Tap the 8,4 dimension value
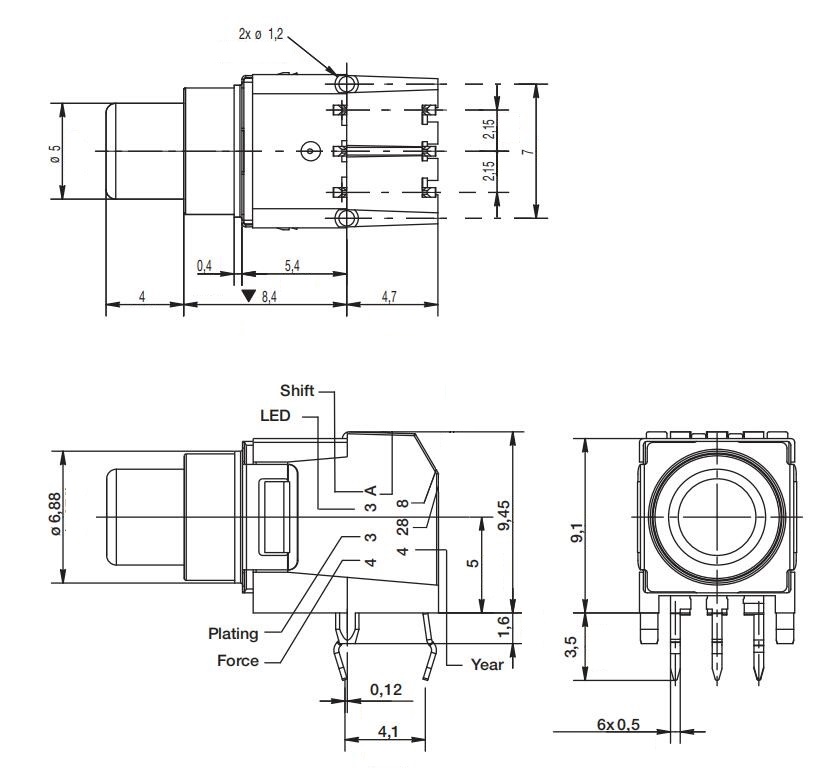click(x=269, y=297)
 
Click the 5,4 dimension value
click(x=293, y=265)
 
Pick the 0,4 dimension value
click(x=205, y=265)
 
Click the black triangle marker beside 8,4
click(x=249, y=297)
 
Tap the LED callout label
click(x=276, y=415)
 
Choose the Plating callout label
click(x=233, y=633)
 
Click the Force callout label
click(x=238, y=660)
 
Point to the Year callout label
click(x=487, y=663)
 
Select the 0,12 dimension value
click(x=386, y=690)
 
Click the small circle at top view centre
click(x=311, y=151)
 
